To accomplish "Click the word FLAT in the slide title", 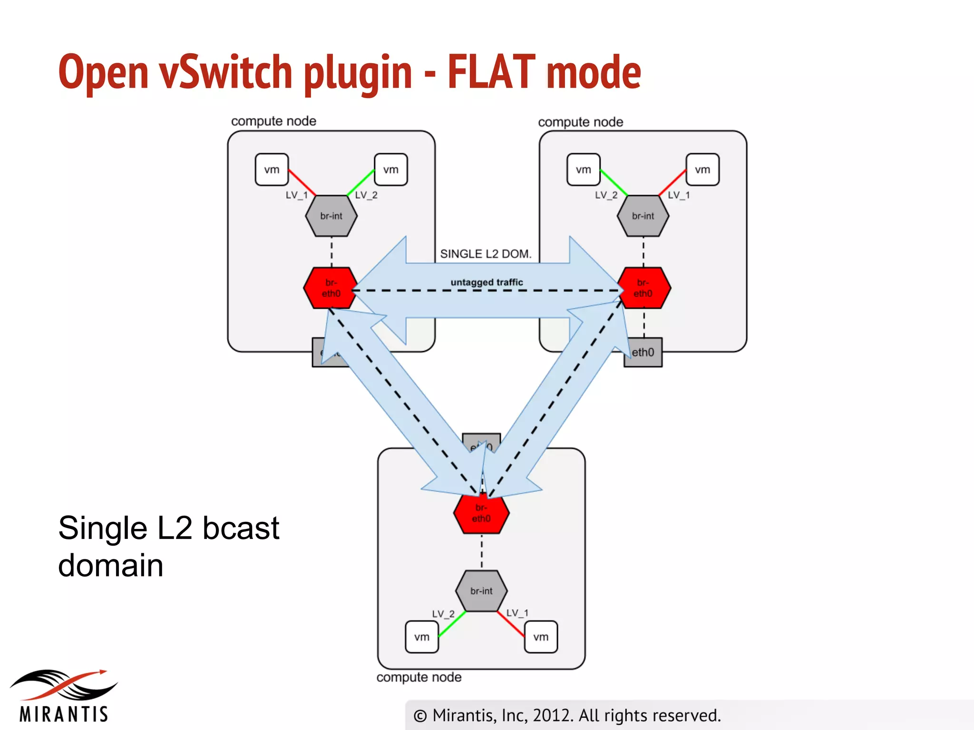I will [x=491, y=72].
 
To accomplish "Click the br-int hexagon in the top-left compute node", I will [x=331, y=216].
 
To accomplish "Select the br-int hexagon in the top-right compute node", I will [x=643, y=216].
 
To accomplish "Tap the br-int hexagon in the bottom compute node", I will [x=481, y=591].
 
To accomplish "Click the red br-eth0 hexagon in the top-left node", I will [x=331, y=288].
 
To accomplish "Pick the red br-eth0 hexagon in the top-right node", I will [x=644, y=288].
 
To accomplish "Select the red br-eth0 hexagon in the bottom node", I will [x=481, y=514].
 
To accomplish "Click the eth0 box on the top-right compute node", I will [x=643, y=353].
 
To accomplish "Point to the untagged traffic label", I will [x=487, y=282].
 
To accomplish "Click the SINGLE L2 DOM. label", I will [x=485, y=254].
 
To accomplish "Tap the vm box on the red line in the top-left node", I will [x=272, y=170].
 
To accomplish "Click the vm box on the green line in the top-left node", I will [x=391, y=170].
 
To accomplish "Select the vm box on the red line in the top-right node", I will [x=702, y=170].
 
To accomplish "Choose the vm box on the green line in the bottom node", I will [x=422, y=637].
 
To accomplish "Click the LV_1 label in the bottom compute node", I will [x=517, y=613].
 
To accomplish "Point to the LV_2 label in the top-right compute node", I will [x=606, y=195].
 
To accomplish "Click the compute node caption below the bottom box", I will [x=419, y=677].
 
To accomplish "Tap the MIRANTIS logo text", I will [x=64, y=714].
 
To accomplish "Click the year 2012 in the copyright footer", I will [x=553, y=715].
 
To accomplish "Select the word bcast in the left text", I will [x=241, y=528].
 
